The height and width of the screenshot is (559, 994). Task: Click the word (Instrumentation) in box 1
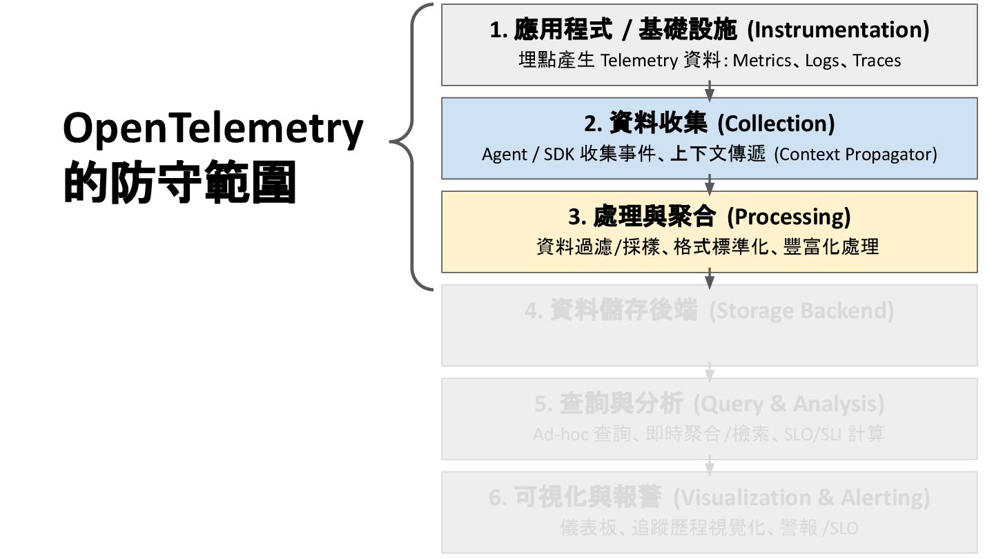[838, 30]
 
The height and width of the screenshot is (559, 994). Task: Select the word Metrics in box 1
[761, 61]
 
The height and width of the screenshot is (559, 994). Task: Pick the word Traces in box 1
[877, 61]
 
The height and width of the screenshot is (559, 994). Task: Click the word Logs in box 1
[821, 61]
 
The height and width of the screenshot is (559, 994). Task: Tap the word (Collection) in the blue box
[776, 124]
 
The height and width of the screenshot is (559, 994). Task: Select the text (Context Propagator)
[855, 154]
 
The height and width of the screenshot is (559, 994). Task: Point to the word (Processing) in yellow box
[789, 217]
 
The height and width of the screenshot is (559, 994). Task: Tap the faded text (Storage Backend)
[801, 311]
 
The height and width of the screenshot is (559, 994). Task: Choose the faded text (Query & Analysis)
[788, 404]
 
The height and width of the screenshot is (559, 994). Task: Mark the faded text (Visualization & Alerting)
[801, 498]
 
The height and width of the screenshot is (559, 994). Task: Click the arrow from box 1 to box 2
[710, 91]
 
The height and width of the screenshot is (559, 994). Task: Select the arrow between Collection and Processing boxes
[710, 185]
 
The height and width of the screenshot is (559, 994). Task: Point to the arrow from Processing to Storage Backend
[710, 278]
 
